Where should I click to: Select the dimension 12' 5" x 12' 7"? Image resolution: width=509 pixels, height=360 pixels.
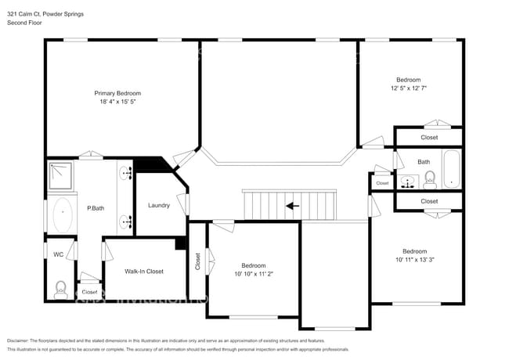pos(408,88)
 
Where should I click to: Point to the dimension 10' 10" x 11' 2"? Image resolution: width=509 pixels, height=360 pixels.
pos(253,274)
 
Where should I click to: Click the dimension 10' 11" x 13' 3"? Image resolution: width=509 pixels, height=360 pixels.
pos(414,259)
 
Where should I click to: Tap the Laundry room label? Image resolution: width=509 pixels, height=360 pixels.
pos(159,205)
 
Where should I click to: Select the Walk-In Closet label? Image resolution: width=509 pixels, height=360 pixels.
pos(144,271)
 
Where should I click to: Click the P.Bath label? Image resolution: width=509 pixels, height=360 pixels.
pos(96,208)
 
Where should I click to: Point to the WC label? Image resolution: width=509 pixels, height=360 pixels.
pos(58,254)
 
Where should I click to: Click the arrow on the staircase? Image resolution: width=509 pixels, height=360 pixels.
pos(292,207)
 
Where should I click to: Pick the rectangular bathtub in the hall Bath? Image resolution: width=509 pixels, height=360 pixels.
pos(453,170)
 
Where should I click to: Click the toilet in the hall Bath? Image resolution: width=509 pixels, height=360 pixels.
pos(429,182)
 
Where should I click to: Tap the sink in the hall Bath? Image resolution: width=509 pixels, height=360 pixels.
pos(407,183)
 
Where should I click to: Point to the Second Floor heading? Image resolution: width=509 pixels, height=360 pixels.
pos(25,23)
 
